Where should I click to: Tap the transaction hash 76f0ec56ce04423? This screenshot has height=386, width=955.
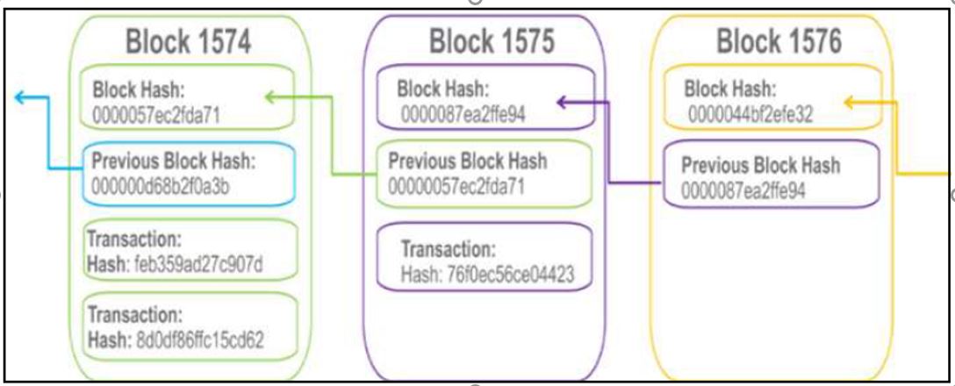point(487,275)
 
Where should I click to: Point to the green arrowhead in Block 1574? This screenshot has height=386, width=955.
point(270,97)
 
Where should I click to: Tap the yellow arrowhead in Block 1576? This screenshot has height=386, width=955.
point(849,103)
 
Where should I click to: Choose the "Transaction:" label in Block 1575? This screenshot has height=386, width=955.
point(448,250)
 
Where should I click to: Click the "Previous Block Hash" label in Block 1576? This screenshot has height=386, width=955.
point(760,164)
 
